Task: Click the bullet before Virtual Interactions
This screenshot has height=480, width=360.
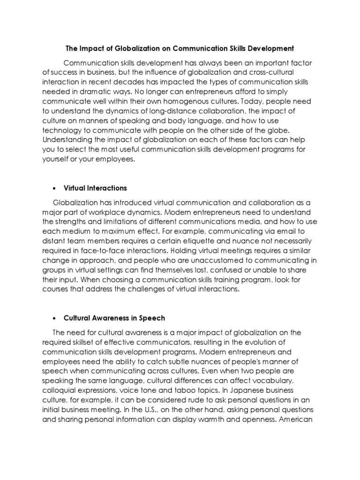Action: pyautogui.click(x=55, y=188)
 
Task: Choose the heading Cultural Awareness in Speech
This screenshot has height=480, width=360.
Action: pyautogui.click(x=115, y=318)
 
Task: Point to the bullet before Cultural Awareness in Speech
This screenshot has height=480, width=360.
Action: pyautogui.click(x=55, y=318)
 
